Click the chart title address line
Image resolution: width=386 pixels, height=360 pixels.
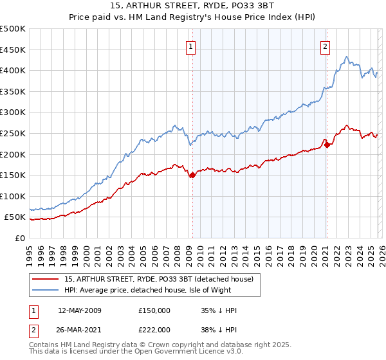coord(192,7)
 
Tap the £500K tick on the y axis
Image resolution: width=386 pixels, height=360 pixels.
coord(13,29)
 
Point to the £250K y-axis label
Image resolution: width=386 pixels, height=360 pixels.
coord(13,133)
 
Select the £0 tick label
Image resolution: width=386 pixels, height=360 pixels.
coord(21,238)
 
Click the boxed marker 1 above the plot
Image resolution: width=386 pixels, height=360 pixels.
coord(192,46)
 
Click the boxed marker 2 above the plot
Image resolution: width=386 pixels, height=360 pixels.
coord(326,46)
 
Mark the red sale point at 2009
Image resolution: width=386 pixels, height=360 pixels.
coord(192,175)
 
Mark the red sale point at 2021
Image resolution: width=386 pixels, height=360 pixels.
coord(327,145)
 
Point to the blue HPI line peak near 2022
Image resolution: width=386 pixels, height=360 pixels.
coord(346,57)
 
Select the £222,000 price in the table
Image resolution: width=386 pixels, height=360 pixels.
coord(154,329)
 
